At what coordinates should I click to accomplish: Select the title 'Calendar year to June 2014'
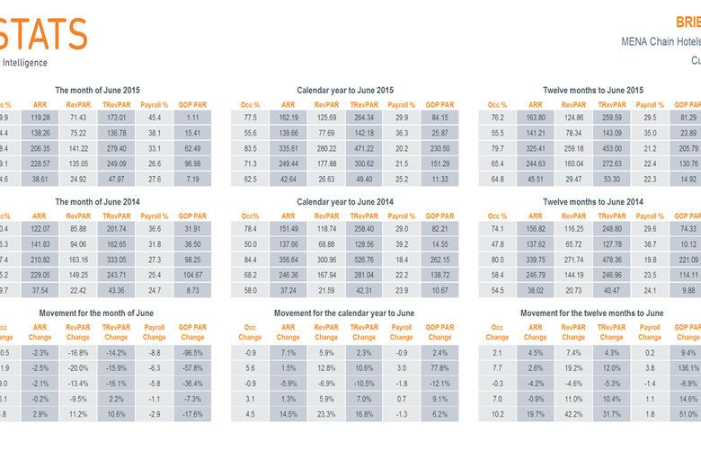point(345,202)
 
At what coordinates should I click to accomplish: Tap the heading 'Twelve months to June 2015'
point(592,90)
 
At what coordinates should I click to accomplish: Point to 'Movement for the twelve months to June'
point(592,313)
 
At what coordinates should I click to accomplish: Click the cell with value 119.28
point(40,118)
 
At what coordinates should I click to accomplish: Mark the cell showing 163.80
point(535,118)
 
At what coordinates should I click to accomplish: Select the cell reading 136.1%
point(688,368)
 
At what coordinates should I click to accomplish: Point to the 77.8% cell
point(439,368)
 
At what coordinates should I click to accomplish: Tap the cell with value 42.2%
point(573,414)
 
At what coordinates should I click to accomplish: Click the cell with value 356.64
point(288,260)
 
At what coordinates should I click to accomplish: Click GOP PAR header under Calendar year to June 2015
point(439,104)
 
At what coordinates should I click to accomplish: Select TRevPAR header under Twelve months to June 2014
point(612,216)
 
